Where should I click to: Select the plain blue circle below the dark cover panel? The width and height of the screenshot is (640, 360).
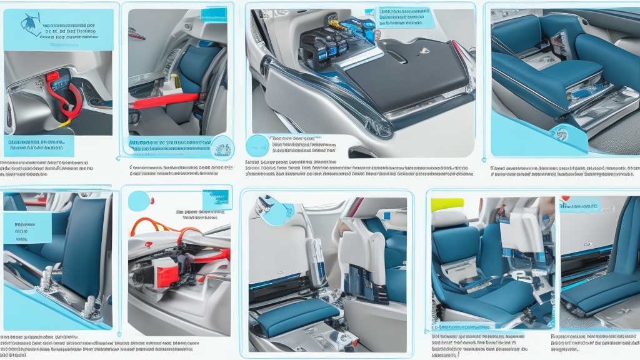(257, 146)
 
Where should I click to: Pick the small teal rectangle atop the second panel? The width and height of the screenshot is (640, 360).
(214, 14)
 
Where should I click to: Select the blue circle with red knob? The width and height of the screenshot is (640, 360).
(139, 201)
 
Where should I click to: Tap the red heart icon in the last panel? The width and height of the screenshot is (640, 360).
(566, 200)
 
